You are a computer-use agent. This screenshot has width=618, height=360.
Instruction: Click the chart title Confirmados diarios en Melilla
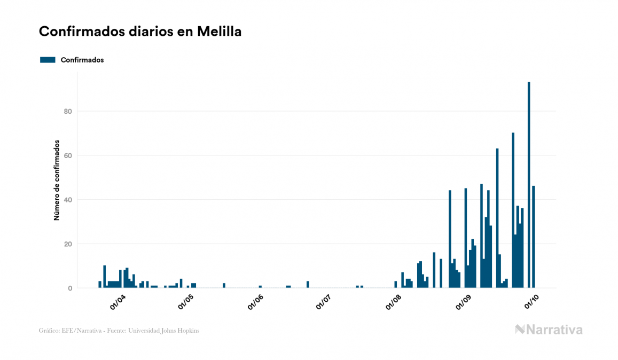[140, 32]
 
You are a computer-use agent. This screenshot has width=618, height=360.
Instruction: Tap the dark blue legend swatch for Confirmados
[48, 60]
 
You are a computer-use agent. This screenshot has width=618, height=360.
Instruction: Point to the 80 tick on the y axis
[68, 111]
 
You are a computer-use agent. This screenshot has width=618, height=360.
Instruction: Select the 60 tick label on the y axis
[68, 155]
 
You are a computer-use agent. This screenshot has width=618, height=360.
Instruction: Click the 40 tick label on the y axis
[68, 200]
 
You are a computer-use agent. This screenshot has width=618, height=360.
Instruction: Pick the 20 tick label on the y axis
[68, 244]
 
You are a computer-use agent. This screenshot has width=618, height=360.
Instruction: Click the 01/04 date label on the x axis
[118, 302]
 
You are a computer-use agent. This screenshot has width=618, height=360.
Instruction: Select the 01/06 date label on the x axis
[256, 302]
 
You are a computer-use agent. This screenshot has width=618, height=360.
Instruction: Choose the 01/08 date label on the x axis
[394, 302]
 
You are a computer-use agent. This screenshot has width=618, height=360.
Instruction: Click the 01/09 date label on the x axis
[463, 302]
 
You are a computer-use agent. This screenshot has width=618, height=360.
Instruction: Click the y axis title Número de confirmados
[56, 181]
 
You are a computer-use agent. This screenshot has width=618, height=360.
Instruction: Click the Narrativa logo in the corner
[549, 330]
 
